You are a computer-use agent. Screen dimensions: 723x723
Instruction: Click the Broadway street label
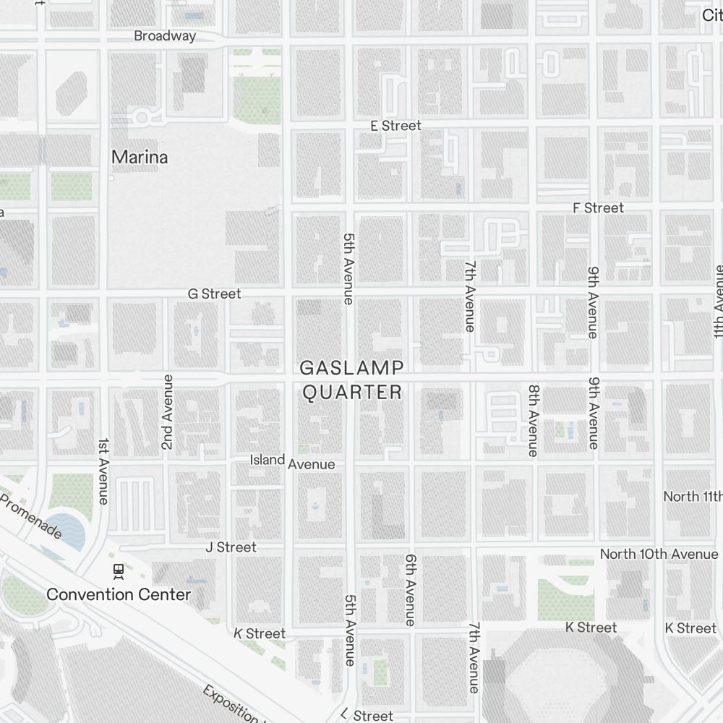(x=165, y=36)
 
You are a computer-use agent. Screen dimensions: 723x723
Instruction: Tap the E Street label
(x=395, y=126)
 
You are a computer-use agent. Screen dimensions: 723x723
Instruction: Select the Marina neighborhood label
(x=140, y=157)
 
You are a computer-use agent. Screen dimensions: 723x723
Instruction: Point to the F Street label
(x=597, y=208)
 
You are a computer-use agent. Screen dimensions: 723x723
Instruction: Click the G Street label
(x=214, y=294)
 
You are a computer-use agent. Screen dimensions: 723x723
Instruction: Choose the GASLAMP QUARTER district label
(x=351, y=380)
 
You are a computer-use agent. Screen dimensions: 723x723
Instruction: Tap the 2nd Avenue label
(x=168, y=412)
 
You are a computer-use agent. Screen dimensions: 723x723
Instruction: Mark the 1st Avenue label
(x=104, y=471)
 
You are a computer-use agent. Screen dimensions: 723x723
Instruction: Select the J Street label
(x=231, y=547)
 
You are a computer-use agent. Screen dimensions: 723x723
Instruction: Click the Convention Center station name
(x=119, y=595)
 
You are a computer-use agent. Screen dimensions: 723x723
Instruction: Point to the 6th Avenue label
(x=411, y=590)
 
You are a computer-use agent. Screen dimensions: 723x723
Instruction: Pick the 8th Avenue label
(x=533, y=420)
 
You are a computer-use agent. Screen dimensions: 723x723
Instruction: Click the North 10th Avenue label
(x=659, y=555)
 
